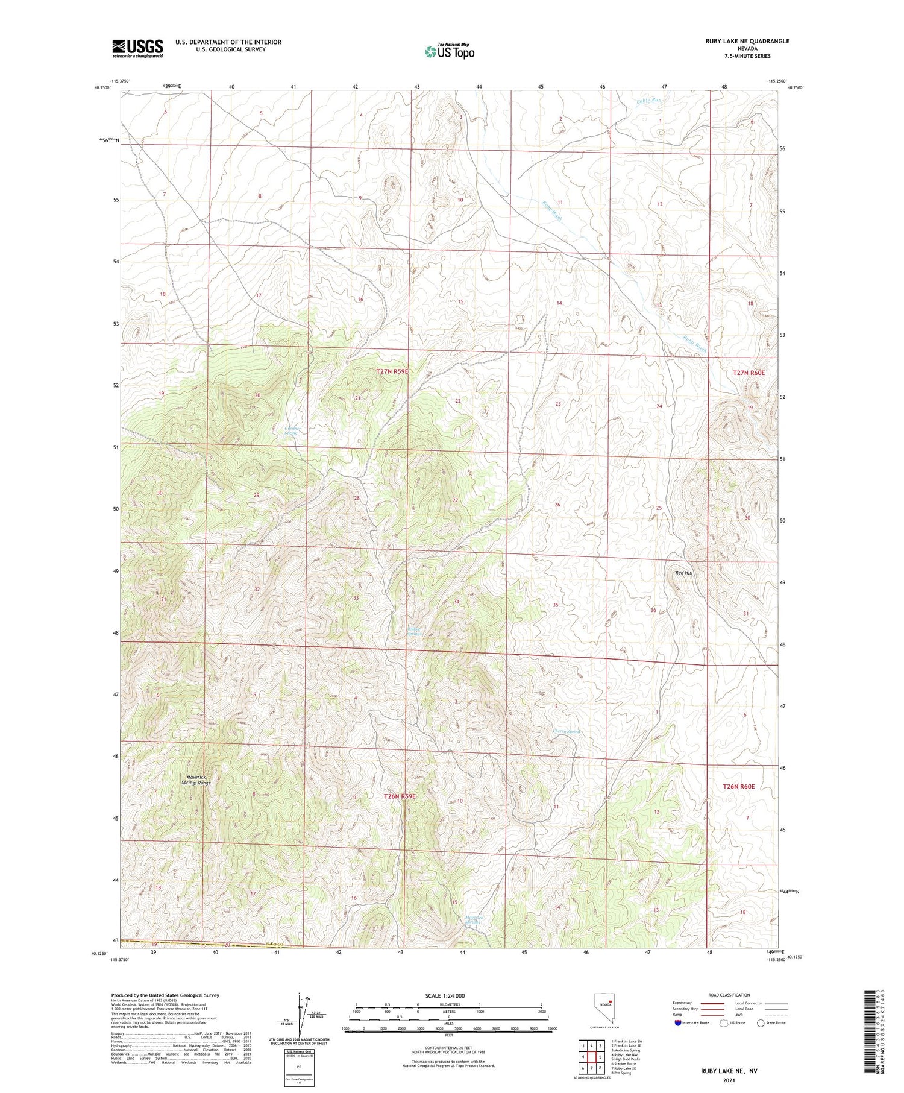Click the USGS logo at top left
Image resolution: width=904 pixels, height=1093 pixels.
click(137, 48)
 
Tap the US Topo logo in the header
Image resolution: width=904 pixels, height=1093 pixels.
click(449, 51)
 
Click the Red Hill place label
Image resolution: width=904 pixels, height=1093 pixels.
click(683, 573)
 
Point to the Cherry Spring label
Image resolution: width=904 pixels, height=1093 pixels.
click(567, 732)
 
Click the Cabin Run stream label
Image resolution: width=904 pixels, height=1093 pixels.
click(649, 100)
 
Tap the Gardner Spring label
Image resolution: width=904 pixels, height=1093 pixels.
click(291, 430)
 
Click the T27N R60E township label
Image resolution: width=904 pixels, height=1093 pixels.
click(749, 373)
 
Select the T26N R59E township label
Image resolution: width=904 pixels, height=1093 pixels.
click(400, 796)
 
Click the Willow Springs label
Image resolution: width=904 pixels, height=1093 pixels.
click(413, 631)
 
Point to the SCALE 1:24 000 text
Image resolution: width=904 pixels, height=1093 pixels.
click(445, 995)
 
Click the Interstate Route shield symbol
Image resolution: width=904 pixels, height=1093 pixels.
click(678, 1023)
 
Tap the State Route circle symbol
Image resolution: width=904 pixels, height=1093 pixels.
click(761, 1023)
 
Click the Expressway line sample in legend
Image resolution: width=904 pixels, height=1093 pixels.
click(712, 1003)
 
